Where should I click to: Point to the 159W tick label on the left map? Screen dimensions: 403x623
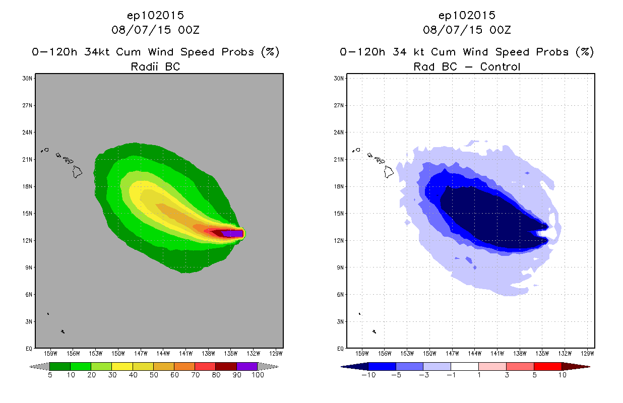[x=50, y=353]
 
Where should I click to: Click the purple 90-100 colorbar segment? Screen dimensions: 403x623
[x=247, y=366]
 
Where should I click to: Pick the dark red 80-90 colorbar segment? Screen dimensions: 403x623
[x=226, y=366]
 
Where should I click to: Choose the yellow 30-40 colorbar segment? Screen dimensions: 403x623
[x=122, y=366]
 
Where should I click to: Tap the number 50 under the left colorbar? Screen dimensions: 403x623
[x=154, y=375]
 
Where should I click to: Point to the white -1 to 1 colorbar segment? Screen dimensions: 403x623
[x=465, y=366]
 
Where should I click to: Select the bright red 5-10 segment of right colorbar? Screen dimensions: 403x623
[x=547, y=366]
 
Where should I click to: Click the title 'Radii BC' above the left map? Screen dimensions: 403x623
[x=155, y=66]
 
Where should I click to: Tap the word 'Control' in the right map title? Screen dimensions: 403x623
[x=500, y=66]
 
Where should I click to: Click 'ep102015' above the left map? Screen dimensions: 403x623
[x=155, y=15]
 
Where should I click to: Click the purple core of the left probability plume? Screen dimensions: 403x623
[x=233, y=233]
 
